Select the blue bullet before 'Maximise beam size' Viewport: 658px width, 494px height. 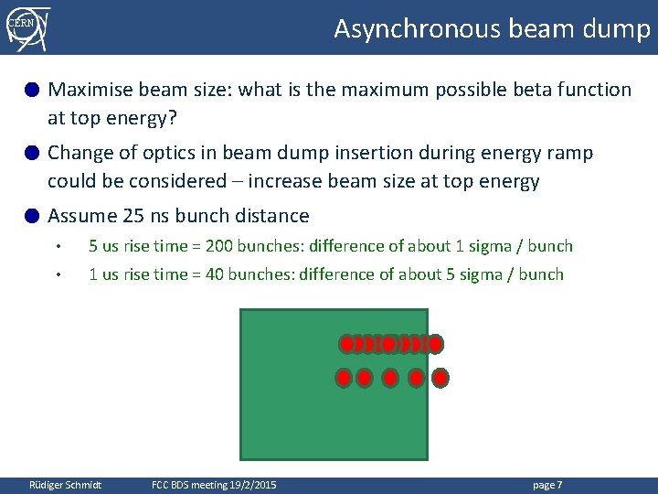click(x=32, y=90)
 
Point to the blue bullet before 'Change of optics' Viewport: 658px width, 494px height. click(x=32, y=153)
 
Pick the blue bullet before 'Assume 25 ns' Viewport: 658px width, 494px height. click(x=32, y=216)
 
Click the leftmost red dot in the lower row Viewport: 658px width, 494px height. click(x=344, y=377)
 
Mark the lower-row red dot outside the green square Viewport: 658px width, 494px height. click(x=440, y=377)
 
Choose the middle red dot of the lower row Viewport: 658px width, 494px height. click(x=390, y=377)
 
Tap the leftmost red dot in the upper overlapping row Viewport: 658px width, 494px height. click(x=346, y=344)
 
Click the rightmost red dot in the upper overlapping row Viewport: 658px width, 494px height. click(x=436, y=344)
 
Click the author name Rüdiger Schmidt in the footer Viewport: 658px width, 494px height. click(x=66, y=485)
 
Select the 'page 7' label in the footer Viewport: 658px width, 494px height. click(x=547, y=485)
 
